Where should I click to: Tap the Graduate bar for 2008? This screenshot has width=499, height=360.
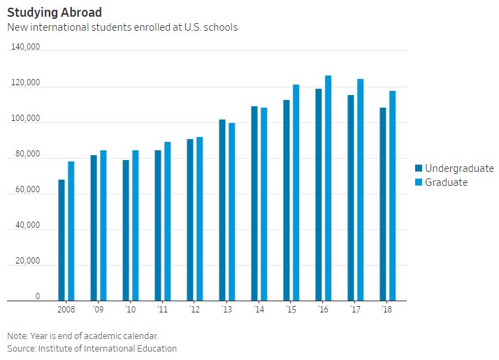(71, 231)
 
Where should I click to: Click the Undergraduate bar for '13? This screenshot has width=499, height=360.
(222, 210)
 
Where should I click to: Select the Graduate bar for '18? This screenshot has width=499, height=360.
(393, 196)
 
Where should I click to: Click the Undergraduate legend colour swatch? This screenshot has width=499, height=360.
(419, 168)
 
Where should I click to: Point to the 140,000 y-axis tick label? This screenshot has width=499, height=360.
(26, 47)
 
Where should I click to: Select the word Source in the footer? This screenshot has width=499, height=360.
(22, 348)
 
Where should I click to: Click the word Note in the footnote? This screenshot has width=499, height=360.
(17, 335)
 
